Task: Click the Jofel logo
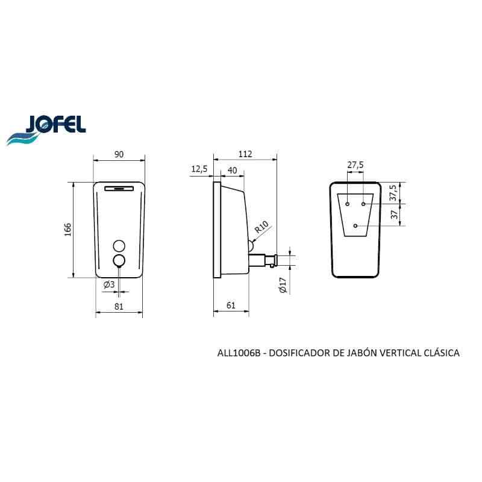(x=46, y=130)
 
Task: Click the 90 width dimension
(x=119, y=154)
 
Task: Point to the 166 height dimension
(x=67, y=230)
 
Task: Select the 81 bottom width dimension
(x=119, y=307)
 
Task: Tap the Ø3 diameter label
(x=109, y=284)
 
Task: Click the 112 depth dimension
(x=245, y=154)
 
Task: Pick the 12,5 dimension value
(x=199, y=169)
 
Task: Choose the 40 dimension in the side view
(x=233, y=171)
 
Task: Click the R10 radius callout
(x=261, y=227)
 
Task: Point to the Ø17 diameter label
(x=283, y=285)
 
